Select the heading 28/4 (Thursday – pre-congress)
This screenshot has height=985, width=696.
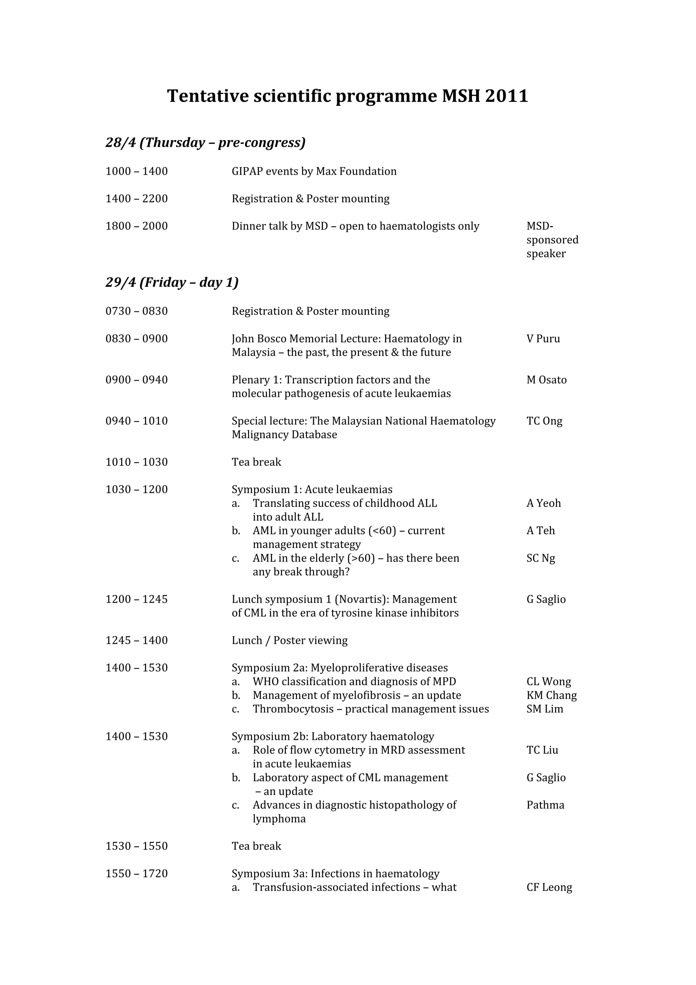[205, 142]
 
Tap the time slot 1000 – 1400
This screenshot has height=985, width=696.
[136, 172]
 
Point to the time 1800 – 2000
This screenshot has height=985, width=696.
[136, 226]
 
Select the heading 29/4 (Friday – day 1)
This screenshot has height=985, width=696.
[172, 282]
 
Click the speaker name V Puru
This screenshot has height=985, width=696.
[543, 339]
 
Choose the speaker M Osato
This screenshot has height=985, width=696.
[546, 380]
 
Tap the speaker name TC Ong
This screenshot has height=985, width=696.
[544, 421]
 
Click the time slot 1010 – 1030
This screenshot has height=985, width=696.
[136, 463]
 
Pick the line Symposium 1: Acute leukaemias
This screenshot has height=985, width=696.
[312, 489]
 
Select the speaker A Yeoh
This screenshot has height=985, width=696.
[543, 503]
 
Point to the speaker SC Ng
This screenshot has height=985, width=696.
[540, 558]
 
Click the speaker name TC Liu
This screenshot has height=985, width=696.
[542, 750]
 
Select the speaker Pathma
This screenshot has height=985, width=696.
[545, 805]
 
